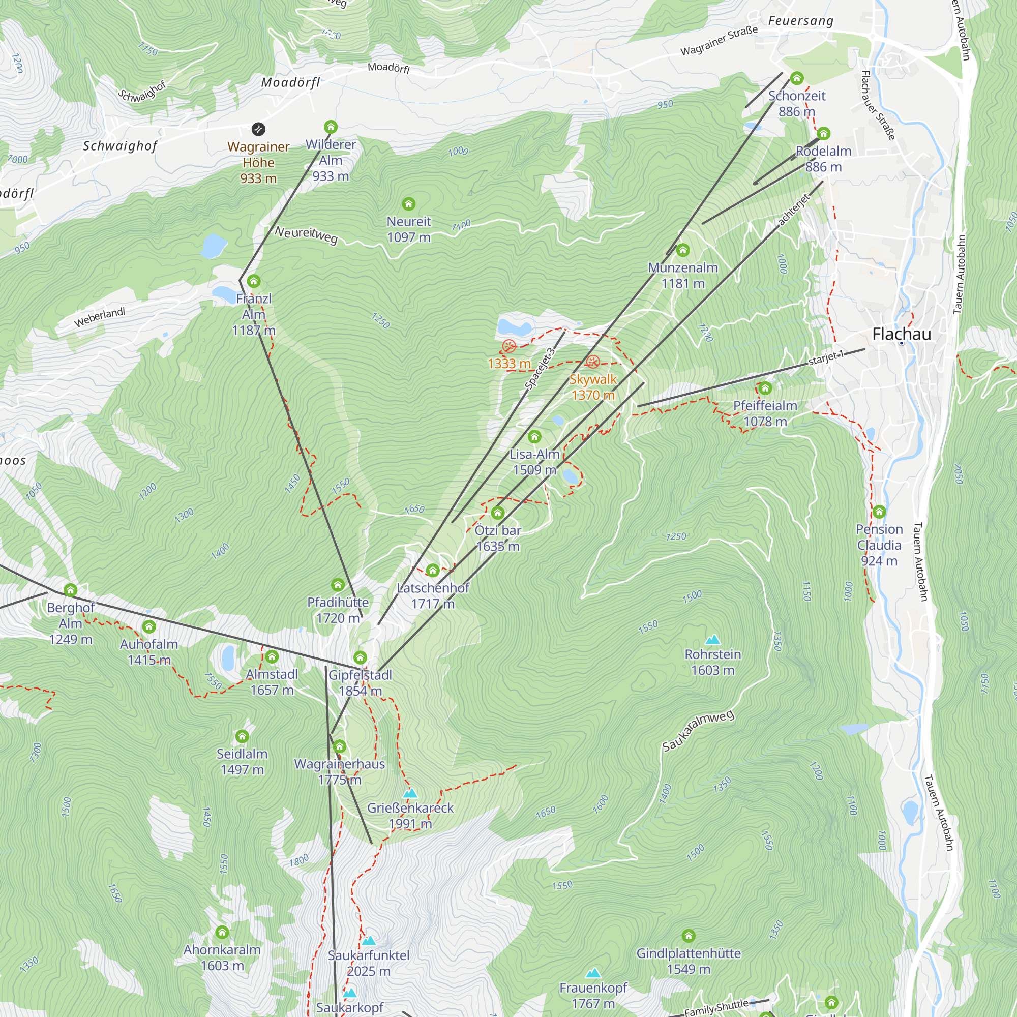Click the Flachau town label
[901, 334]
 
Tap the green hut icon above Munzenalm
[683, 250]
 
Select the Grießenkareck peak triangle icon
[410, 793]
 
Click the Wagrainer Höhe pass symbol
[258, 129]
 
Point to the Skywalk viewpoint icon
[593, 362]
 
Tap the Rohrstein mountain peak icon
[713, 640]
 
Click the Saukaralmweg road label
[698, 731]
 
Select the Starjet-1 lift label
[826, 357]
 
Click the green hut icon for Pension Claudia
[879, 512]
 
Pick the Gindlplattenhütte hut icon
[688, 936]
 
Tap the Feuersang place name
[801, 21]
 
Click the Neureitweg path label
[306, 235]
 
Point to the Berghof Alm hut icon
[71, 590]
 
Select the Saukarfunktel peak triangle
[369, 941]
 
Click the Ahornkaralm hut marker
[222, 932]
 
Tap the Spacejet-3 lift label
[540, 369]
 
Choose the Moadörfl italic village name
[290, 83]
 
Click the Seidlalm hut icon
[242, 736]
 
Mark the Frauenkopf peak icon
[593, 973]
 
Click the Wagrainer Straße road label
[719, 41]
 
